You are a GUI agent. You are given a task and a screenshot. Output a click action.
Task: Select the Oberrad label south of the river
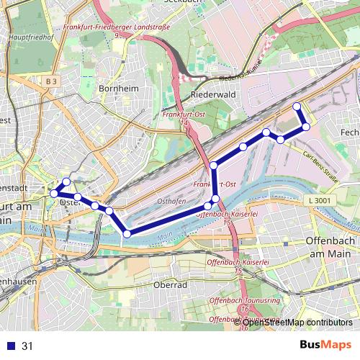coord(171,284)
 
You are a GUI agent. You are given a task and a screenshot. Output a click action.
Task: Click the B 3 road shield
coord(50,82)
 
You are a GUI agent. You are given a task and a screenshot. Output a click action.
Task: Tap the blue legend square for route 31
coord(10,346)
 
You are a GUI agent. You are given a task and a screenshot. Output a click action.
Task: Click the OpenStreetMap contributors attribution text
coord(297,322)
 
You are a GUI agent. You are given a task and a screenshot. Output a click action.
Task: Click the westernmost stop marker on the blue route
coord(53,193)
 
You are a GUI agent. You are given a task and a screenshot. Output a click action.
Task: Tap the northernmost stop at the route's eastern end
coord(297,107)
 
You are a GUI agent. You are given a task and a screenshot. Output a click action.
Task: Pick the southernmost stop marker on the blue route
coord(127,233)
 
